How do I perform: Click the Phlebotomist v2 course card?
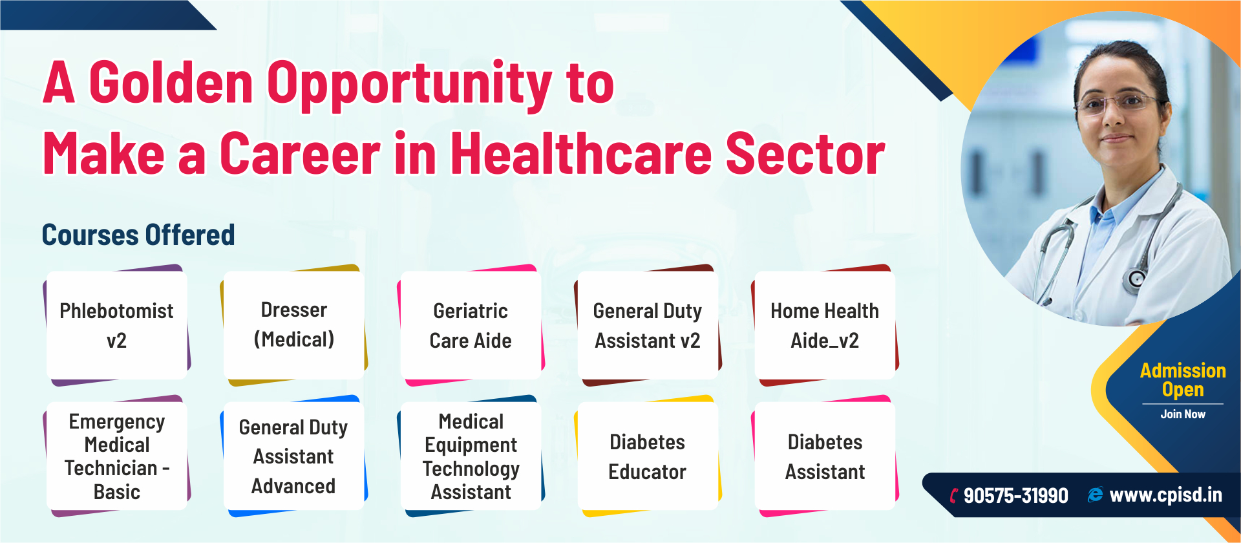117,325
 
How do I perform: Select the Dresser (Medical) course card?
294,325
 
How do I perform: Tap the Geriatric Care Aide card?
471,325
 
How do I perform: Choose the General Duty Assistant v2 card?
648,325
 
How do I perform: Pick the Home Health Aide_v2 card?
825,325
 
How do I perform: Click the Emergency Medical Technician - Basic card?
117,456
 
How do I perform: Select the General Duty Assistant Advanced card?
294,456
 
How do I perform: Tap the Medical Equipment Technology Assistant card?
471,456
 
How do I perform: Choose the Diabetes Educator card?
648,456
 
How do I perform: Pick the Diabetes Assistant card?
825,456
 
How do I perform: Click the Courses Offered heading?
138,235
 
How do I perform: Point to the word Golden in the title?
171,83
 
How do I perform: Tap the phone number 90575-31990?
1015,496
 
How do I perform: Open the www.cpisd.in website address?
1165,495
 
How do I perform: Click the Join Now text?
1183,414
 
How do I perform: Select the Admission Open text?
1183,380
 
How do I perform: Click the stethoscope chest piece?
1137,279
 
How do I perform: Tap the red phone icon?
954,496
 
